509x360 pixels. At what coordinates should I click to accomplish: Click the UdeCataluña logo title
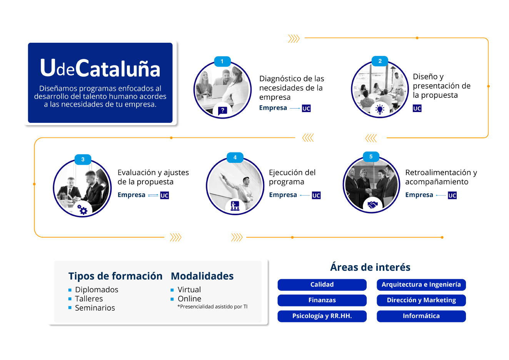tap(100, 69)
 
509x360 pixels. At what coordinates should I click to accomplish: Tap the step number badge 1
tap(222, 62)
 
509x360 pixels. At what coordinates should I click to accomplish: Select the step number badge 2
tap(380, 61)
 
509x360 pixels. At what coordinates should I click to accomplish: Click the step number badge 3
tap(83, 159)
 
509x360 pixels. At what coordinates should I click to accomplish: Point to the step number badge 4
tap(235, 157)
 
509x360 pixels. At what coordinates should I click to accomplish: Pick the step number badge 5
tap(371, 157)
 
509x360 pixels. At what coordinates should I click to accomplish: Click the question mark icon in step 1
tap(222, 111)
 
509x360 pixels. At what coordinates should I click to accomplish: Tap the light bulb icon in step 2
tap(380, 110)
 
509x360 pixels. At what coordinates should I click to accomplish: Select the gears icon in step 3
tap(82, 209)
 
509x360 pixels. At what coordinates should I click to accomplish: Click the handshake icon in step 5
tap(372, 205)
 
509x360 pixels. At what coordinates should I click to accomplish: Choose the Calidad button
tap(322, 285)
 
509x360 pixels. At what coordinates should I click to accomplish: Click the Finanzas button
tap(322, 300)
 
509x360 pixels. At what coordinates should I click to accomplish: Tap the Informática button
tap(421, 316)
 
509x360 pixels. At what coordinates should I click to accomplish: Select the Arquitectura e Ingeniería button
tap(421, 285)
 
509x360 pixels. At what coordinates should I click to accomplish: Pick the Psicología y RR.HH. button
tap(322, 316)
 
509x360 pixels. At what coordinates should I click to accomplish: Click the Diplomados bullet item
tap(97, 290)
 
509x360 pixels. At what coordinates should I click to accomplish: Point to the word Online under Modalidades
tap(189, 299)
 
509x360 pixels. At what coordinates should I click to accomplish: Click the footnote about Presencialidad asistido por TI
tap(212, 307)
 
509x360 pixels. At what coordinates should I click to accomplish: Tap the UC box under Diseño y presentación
tap(417, 109)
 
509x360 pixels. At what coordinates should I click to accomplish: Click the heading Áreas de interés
tap(370, 267)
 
